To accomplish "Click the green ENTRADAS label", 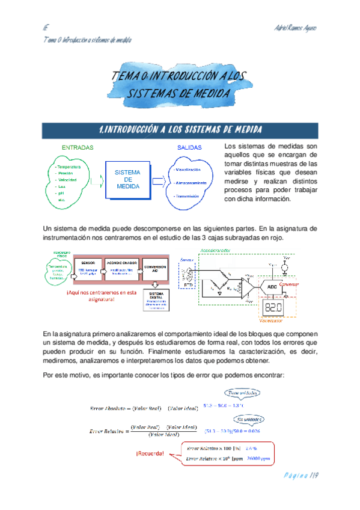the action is pyautogui.click(x=77, y=147).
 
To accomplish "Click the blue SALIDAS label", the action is pyautogui.click(x=189, y=147).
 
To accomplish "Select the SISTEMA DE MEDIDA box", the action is pyautogui.click(x=127, y=180).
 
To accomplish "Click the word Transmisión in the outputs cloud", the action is pyautogui.click(x=188, y=197).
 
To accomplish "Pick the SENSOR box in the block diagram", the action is pyautogui.click(x=87, y=266).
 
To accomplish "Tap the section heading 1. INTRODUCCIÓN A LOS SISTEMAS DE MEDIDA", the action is pyautogui.click(x=180, y=130).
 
